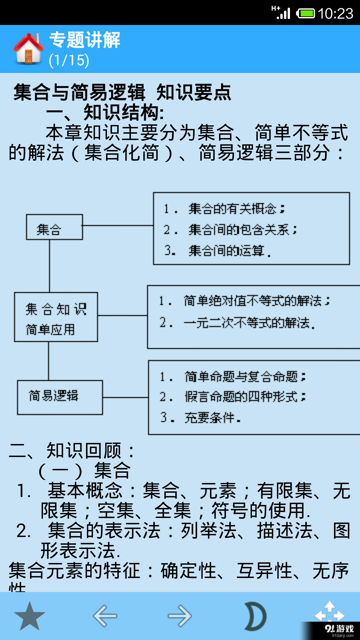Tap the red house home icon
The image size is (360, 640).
(29, 49)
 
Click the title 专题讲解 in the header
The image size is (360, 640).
(85, 40)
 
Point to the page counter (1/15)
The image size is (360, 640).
(69, 61)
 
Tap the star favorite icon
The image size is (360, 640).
(30, 616)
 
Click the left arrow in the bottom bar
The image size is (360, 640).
(105, 616)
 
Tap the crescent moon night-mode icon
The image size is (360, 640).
(255, 616)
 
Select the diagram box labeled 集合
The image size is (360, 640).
(54, 227)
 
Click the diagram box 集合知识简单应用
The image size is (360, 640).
(56, 317)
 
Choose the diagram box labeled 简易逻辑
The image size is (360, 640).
(60, 397)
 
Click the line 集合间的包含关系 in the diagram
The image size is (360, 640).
(242, 230)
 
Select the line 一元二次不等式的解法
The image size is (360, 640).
(249, 323)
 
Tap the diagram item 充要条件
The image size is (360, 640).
(212, 418)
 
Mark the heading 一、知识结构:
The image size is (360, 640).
(105, 112)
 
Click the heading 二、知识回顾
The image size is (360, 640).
(72, 451)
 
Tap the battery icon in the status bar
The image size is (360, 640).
(306, 14)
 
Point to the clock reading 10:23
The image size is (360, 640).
(335, 14)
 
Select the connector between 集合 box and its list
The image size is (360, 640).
(118, 226)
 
